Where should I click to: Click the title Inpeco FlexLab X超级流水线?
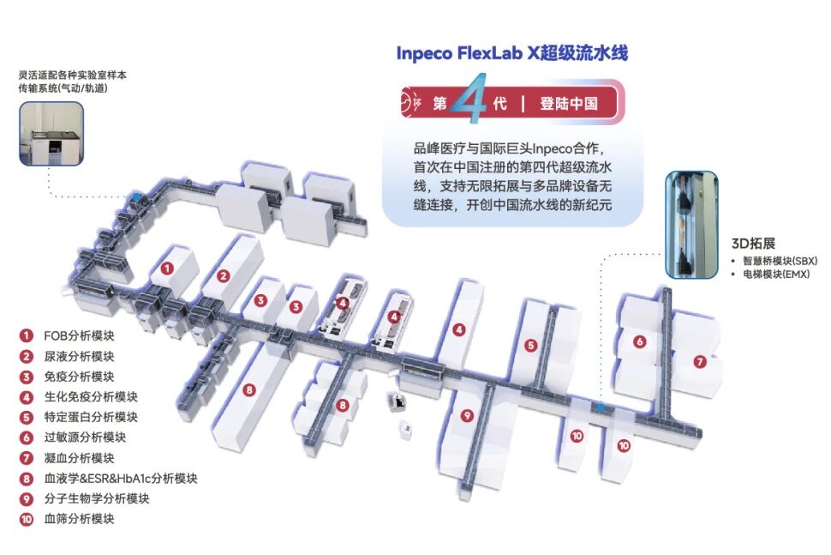coord(511,53)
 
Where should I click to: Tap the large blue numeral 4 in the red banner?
coord(469,104)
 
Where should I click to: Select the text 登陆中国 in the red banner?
coord(568,104)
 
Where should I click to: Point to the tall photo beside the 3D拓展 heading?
coord(691,224)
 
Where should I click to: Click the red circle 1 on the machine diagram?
coord(167,268)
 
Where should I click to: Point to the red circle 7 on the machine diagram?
coord(700,362)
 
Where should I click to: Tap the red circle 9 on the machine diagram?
coord(467,416)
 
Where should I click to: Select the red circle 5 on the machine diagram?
coord(531,346)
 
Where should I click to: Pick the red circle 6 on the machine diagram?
coord(639,341)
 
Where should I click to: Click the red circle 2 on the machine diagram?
coord(223,276)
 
